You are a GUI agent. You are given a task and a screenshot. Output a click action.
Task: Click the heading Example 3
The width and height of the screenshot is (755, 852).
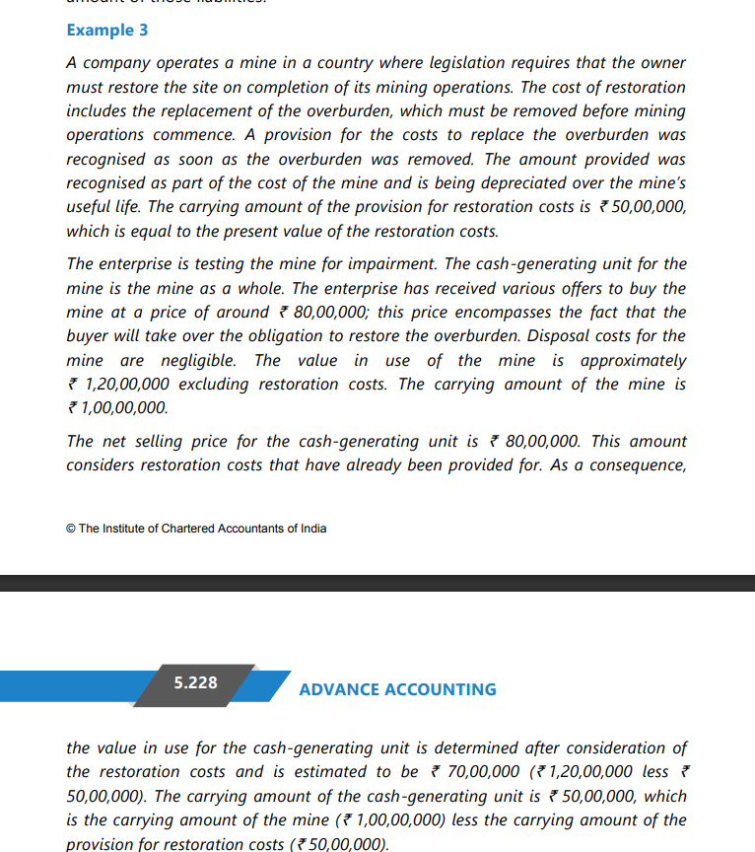pyautogui.click(x=107, y=30)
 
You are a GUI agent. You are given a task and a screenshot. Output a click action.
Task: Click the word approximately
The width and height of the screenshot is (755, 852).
pyautogui.click(x=634, y=360)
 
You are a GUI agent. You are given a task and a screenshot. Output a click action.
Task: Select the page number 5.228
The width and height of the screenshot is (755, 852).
pyautogui.click(x=195, y=681)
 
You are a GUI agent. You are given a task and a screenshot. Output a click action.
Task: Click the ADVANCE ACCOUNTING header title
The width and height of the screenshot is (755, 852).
pyautogui.click(x=397, y=689)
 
